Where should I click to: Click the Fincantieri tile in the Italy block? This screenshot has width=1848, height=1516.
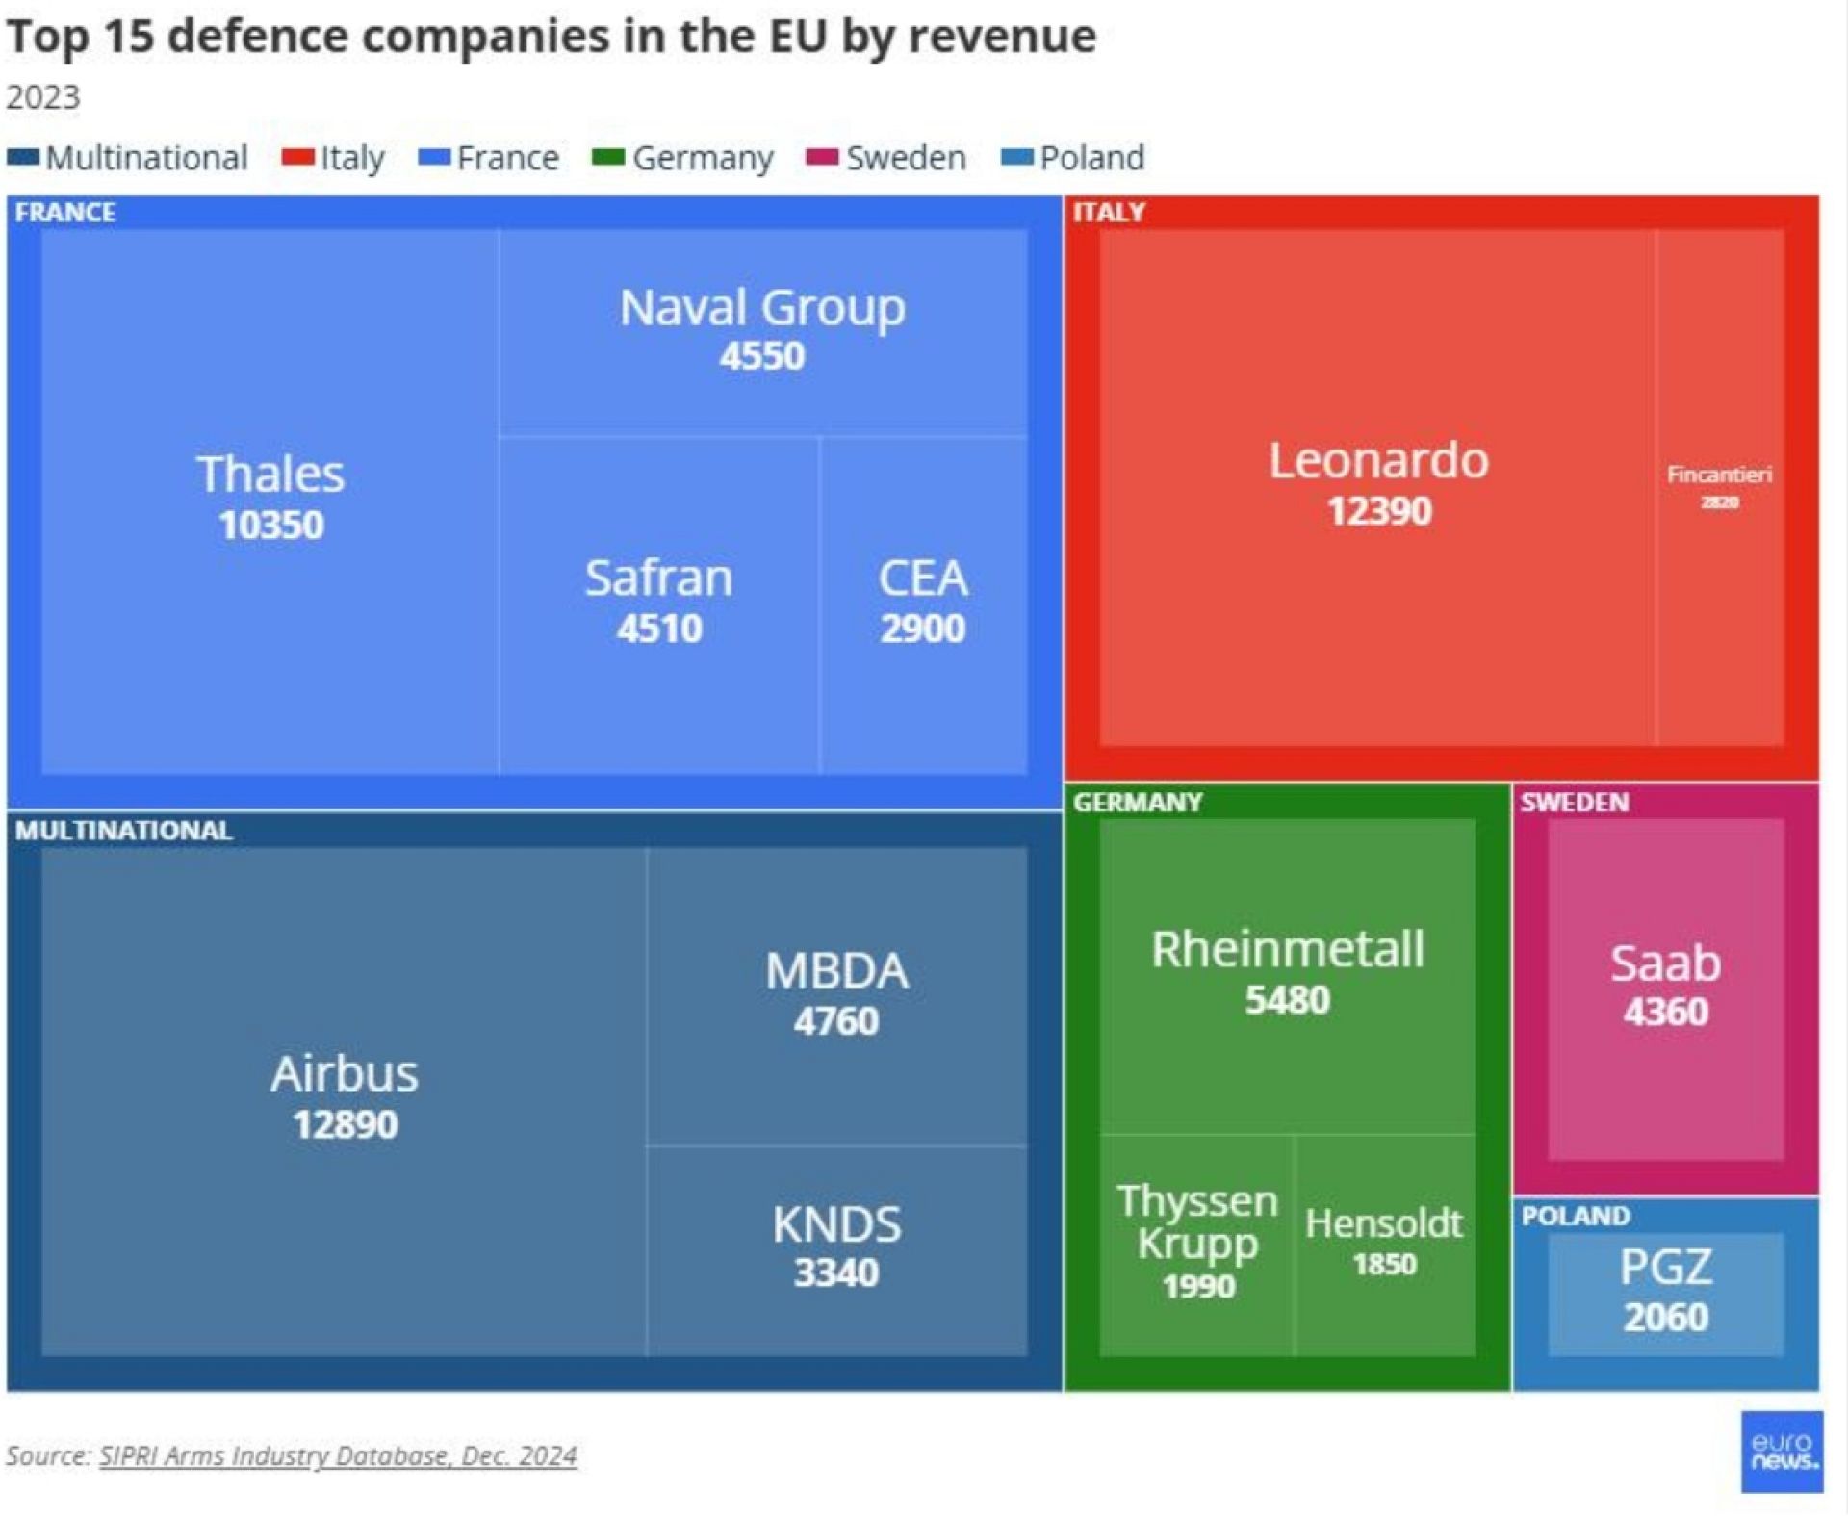1719,486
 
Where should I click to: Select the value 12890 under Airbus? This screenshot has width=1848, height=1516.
345,1124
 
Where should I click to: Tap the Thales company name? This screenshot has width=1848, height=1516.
270,474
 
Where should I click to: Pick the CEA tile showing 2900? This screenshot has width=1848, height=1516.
922,602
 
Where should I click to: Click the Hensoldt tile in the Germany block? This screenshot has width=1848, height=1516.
1384,1242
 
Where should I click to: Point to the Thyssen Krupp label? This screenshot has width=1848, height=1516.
1197,1221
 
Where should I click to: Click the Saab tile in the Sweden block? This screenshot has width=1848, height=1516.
1665,987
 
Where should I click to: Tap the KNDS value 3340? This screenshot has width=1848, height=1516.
835,1272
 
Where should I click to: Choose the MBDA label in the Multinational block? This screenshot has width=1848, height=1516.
835,970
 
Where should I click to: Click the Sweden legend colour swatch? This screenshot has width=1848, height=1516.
822,157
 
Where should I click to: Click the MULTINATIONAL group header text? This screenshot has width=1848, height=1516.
123,831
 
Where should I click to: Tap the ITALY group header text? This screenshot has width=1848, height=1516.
1109,212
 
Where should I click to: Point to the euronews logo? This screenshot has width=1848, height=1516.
1782,1452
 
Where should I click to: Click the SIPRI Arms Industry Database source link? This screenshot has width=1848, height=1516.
338,1455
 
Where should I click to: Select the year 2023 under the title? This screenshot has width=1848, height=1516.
43,97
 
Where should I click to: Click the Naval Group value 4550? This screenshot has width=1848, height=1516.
761,356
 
